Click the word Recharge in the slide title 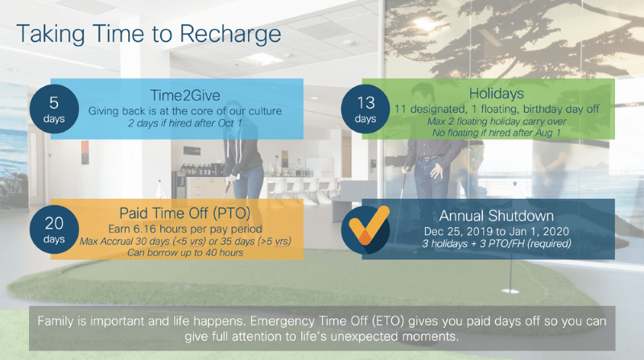(230, 35)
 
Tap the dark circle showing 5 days (54, 109)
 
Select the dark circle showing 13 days (365, 109)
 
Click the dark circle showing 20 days (54, 230)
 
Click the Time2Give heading (185, 95)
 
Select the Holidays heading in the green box (497, 93)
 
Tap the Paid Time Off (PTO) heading (185, 213)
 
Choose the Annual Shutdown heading (497, 216)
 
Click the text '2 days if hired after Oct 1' (185, 123)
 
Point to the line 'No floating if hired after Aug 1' (497, 133)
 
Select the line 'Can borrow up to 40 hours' (185, 252)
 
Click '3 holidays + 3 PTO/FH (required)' (497, 243)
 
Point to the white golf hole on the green (510, 291)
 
